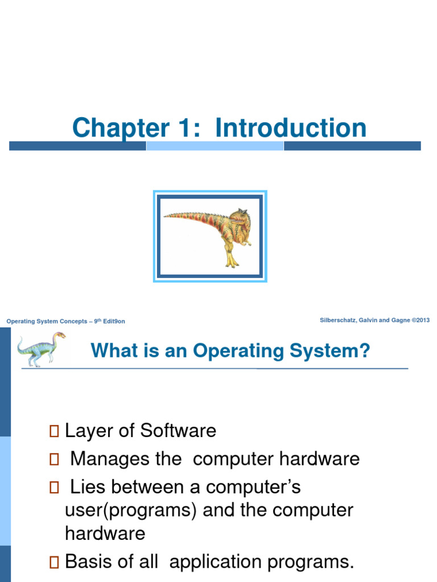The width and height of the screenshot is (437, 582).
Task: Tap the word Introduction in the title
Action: [291, 128]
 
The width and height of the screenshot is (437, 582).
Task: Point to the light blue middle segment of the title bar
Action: [215, 146]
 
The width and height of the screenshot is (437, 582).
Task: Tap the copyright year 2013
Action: [422, 321]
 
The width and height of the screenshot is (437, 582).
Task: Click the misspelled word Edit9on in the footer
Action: [114, 322]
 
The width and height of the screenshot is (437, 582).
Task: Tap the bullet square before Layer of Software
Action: [54, 431]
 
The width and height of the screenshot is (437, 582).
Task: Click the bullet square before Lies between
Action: [54, 487]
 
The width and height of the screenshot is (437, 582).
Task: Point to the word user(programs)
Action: [131, 510]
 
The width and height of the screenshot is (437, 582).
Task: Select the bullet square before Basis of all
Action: [54, 563]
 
